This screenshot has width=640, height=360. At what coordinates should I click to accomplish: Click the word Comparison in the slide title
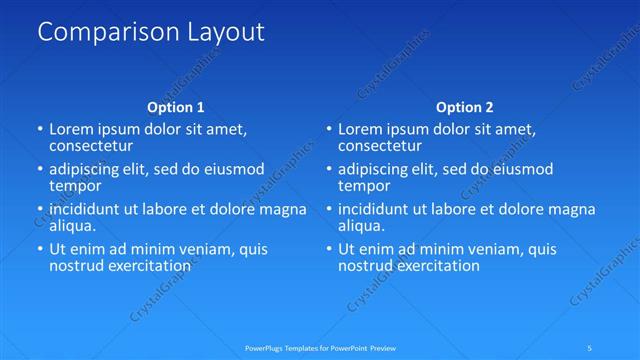click(101, 32)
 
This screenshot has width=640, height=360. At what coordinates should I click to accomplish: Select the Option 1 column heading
click(176, 107)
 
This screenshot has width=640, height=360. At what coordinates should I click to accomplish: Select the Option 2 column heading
click(465, 107)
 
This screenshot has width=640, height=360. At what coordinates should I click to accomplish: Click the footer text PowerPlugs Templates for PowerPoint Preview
click(320, 348)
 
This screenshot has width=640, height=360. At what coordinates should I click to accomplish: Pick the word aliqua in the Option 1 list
click(72, 226)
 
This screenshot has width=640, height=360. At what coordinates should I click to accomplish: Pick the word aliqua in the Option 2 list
click(361, 226)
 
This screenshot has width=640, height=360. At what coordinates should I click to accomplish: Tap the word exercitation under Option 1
click(147, 266)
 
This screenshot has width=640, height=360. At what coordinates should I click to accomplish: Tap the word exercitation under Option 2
click(436, 266)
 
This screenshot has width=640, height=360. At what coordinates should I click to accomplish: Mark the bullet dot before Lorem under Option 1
click(40, 129)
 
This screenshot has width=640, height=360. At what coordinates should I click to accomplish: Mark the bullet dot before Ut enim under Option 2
click(329, 249)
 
